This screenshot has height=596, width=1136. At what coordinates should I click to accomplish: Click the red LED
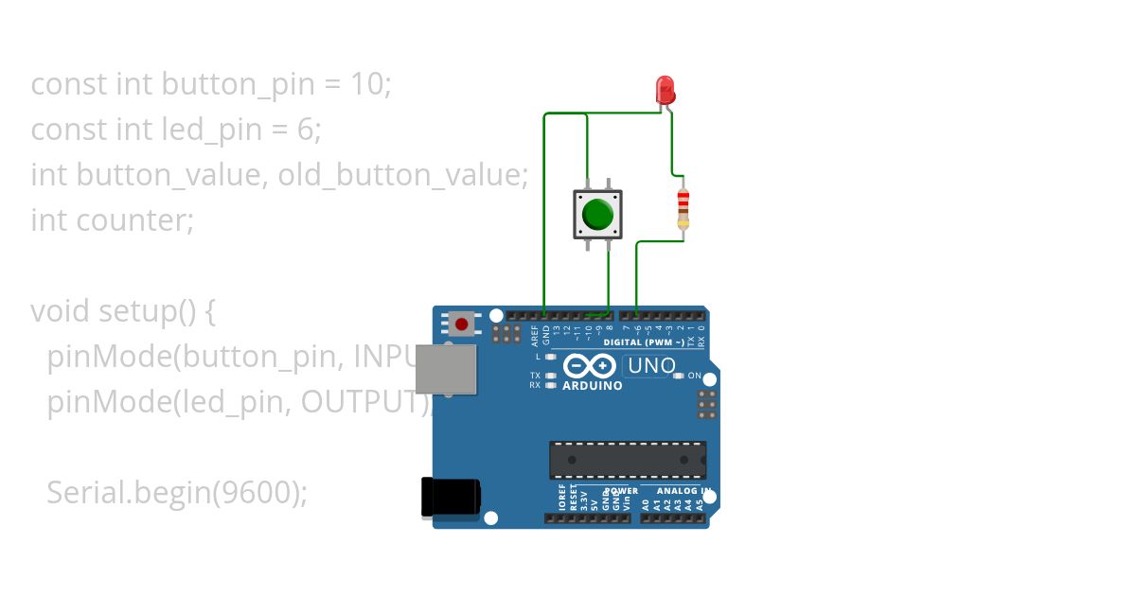[666, 90]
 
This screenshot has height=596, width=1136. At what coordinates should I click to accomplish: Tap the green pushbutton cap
[597, 214]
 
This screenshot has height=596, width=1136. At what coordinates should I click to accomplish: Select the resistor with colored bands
[683, 208]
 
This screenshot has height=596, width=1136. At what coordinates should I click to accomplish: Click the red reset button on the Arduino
[461, 324]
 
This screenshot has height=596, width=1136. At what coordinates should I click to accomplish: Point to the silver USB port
[446, 368]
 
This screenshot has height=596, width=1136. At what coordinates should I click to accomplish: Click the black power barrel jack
[450, 497]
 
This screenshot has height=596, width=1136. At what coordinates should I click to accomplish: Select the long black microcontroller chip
[628, 459]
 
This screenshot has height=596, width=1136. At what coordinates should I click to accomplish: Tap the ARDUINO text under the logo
[593, 386]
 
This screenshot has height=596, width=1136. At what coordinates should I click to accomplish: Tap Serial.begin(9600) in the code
[176, 493]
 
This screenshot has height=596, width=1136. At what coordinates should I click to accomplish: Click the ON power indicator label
[694, 377]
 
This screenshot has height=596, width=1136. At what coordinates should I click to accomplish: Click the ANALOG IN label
[676, 491]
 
